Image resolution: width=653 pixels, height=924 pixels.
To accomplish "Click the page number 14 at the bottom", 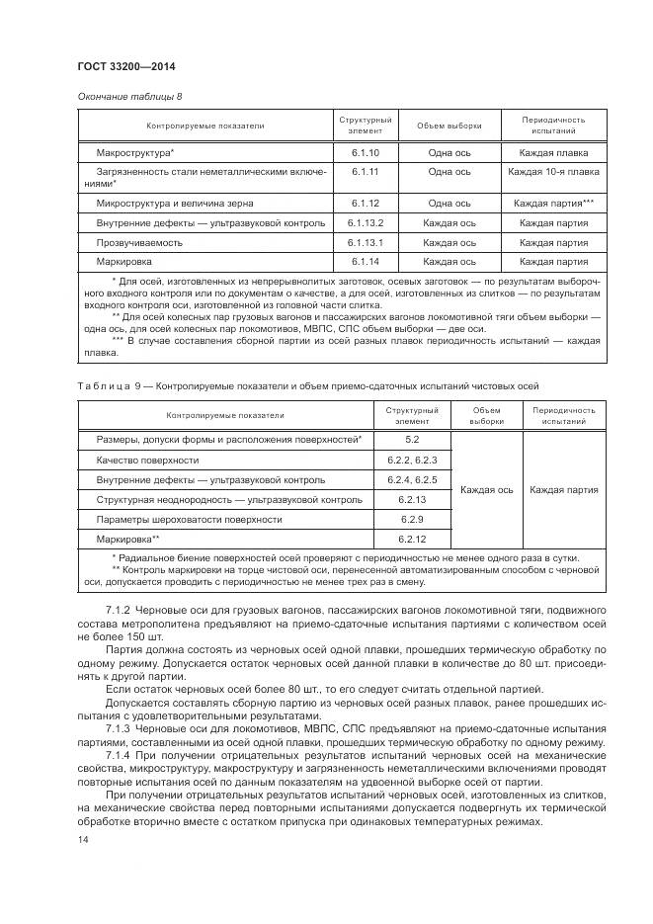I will click(82, 839).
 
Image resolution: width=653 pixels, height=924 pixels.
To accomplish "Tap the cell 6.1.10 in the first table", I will click(365, 153).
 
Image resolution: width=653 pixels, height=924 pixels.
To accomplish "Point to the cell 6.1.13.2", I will click(365, 222).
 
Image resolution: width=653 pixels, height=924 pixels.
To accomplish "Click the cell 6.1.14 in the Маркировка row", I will click(365, 262).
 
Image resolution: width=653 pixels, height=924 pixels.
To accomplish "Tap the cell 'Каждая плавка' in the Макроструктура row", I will click(553, 153).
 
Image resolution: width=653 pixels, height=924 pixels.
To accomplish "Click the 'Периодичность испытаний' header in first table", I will click(553, 125).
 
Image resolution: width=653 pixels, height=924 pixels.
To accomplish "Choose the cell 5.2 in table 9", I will click(412, 439).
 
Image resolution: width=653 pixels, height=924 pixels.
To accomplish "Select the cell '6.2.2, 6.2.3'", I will click(412, 460).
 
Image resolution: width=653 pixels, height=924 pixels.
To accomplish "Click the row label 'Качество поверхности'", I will click(147, 460).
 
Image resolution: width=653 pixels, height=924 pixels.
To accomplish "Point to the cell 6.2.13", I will click(412, 500).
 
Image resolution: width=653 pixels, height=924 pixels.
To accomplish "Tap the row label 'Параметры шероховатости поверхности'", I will click(182, 520).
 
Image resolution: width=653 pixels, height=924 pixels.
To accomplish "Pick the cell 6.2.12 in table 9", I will click(412, 540).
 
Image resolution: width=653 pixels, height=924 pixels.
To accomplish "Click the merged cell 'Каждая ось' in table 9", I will click(486, 489).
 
